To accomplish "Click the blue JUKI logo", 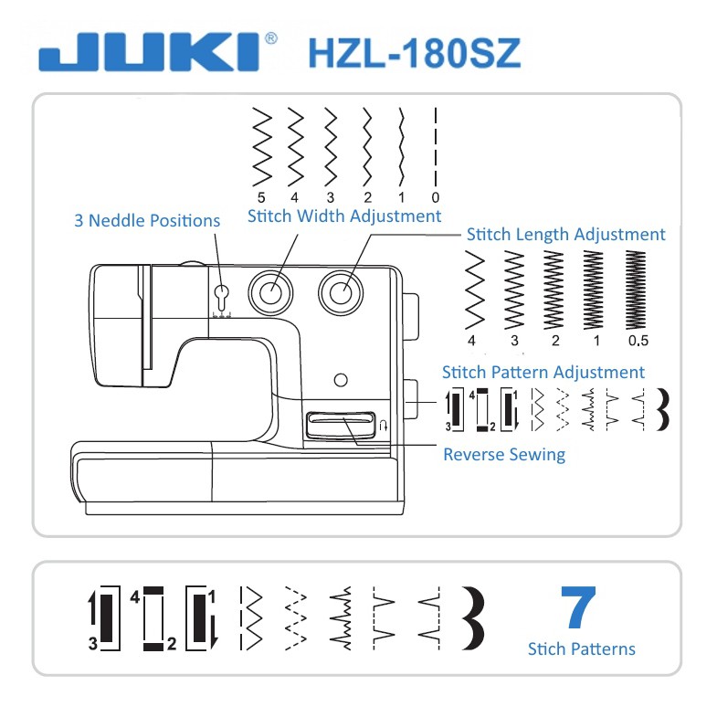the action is [150, 52].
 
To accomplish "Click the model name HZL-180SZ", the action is [415, 53].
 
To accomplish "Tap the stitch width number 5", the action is [261, 197].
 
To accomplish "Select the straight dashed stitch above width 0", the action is [436, 147].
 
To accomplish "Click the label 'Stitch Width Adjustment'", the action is [344, 216].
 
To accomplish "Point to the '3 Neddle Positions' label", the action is [147, 220].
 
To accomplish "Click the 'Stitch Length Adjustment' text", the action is [565, 234].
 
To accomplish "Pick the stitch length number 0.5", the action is [638, 341].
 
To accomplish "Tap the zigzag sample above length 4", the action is [475, 290].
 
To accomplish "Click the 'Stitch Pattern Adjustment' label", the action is [543, 373].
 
